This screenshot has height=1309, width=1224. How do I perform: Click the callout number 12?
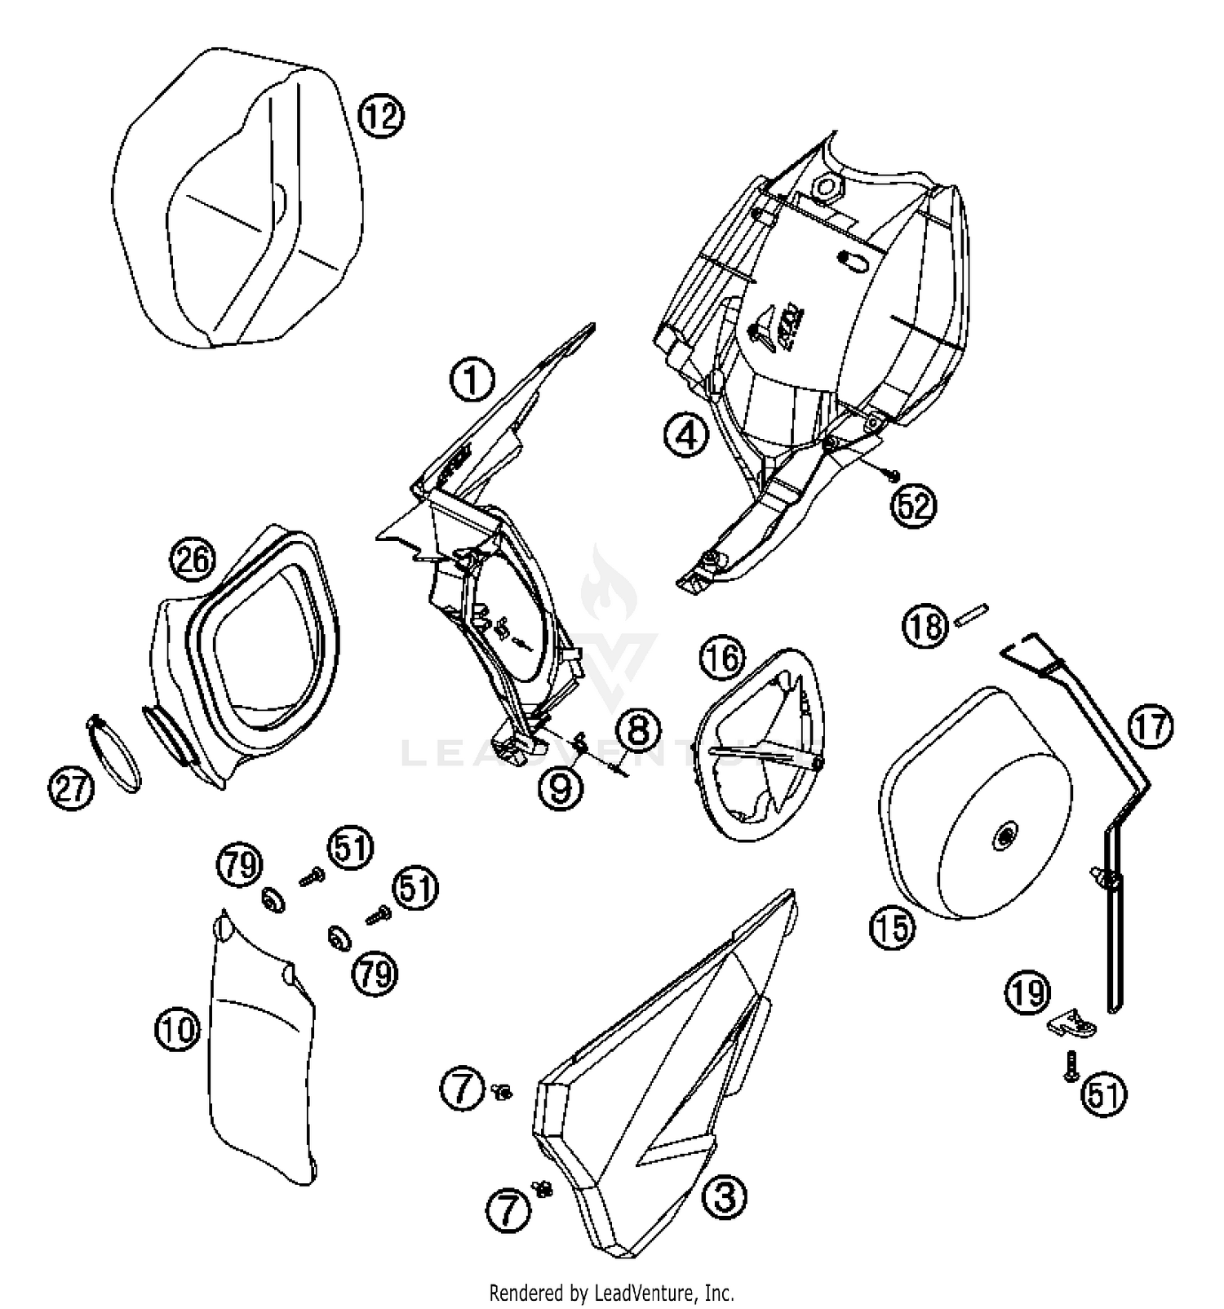coord(381,117)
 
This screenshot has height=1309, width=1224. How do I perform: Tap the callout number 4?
coord(685,435)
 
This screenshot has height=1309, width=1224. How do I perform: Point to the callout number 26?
coord(193,561)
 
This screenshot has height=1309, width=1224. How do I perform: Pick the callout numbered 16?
coord(723,658)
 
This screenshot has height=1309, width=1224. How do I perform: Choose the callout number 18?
coord(925,626)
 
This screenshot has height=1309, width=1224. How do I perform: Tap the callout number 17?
coord(1151,727)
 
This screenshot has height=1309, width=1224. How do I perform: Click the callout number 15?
coord(893,926)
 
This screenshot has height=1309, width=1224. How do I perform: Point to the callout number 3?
coord(725,1197)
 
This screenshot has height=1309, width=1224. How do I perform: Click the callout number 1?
coord(473,381)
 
